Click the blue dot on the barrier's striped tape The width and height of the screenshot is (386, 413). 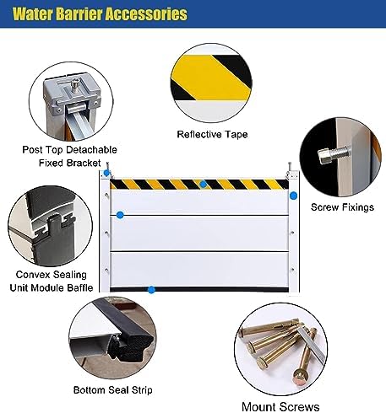point(203,184)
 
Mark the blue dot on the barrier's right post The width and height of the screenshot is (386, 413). point(293,196)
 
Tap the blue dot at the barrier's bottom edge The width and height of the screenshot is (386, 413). point(151,290)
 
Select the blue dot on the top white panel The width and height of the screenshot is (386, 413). point(120,216)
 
